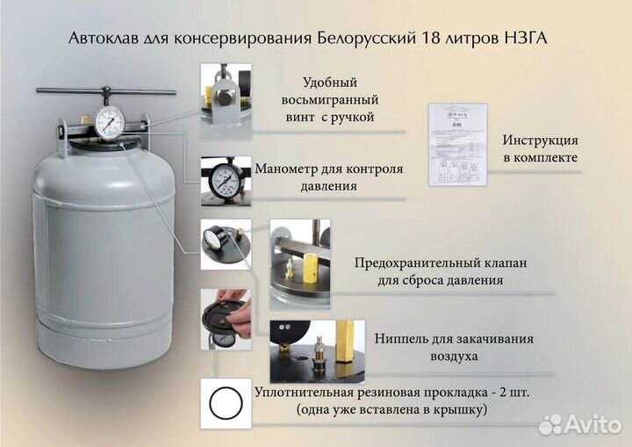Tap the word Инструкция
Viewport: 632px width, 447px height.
coord(540,141)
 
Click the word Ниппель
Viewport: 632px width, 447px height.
coord(403,339)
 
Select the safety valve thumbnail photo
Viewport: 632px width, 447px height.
coord(300,260)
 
